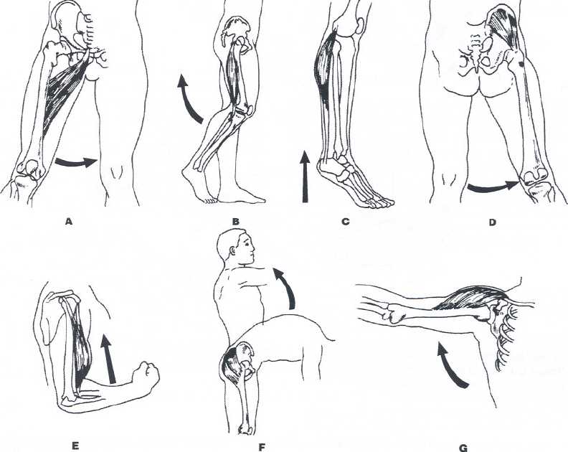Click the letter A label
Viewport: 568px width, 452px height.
point(68,221)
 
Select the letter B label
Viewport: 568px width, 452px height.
point(235,221)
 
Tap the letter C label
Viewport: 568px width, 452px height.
point(345,221)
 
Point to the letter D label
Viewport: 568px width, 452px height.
point(492,222)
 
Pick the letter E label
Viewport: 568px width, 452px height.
point(75,446)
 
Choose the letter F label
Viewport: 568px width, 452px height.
point(262,448)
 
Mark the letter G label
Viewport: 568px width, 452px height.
point(463,448)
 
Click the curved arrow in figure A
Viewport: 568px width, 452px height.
point(76,163)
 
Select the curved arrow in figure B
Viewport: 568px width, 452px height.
point(186,100)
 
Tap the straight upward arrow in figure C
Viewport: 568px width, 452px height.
point(305,176)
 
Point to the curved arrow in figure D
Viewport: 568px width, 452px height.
point(493,187)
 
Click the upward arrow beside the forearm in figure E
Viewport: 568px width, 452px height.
point(109,359)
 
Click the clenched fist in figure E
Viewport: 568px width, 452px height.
point(146,375)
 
